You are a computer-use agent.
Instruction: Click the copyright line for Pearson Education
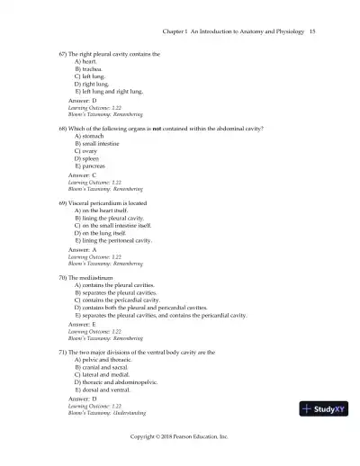(179, 435)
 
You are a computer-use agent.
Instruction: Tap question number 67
(62, 54)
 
